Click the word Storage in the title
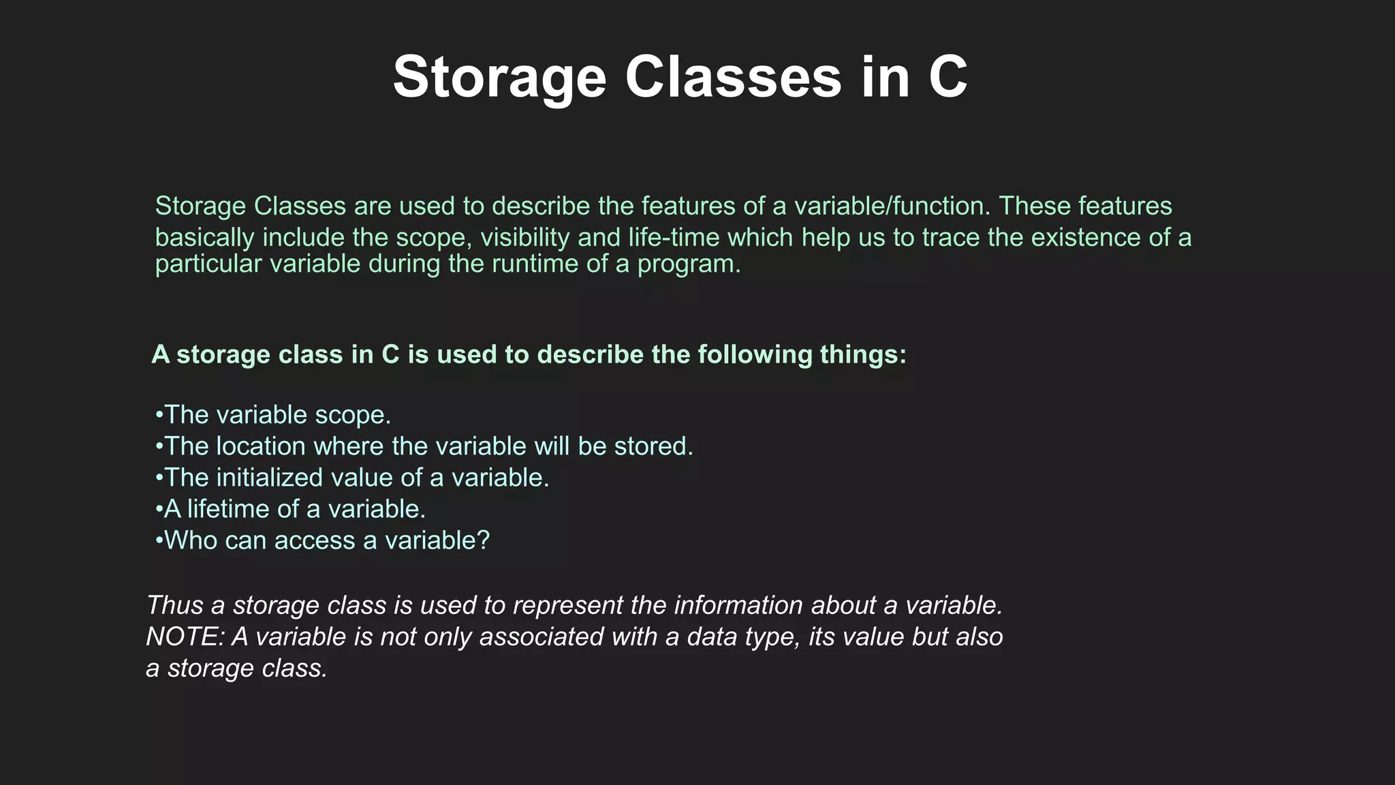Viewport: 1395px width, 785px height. (499, 78)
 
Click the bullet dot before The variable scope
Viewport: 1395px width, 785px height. (159, 414)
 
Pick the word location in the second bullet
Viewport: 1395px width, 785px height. (260, 446)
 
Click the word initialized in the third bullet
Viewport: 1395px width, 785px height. (269, 477)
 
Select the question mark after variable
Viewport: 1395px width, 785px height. (483, 540)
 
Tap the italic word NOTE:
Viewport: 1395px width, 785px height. (185, 636)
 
